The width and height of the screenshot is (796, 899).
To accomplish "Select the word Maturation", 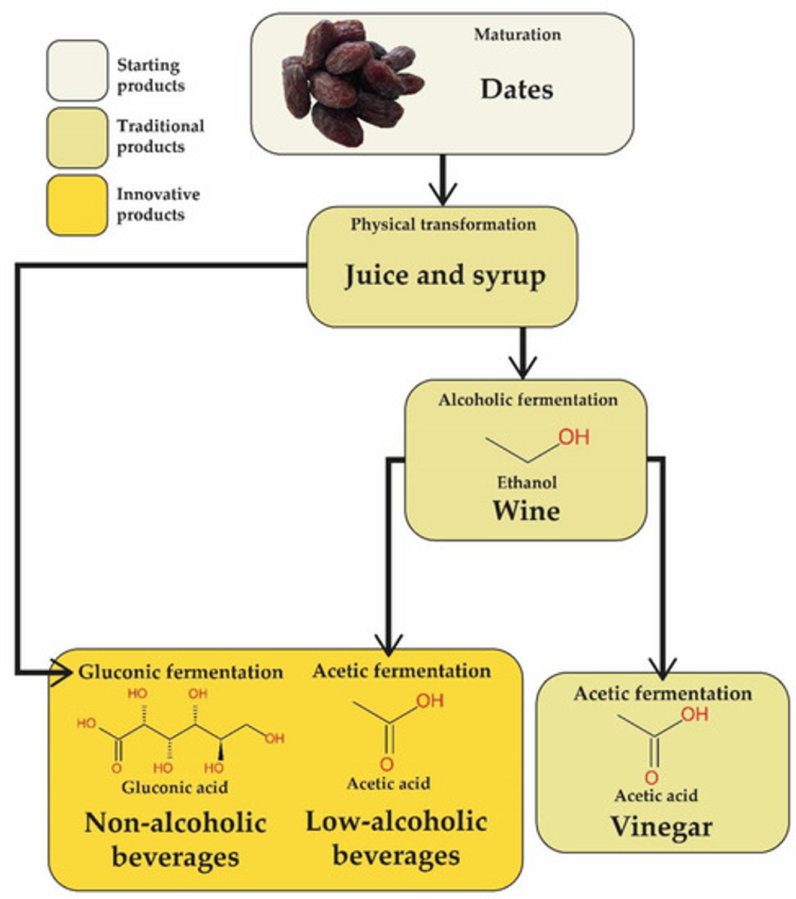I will coord(517,35).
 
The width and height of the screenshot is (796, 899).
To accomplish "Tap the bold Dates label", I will coord(517,89).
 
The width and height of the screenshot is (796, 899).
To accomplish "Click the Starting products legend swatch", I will coord(77,71).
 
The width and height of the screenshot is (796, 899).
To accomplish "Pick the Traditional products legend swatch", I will coord(77,138).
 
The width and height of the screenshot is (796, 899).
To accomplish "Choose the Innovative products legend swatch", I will coord(77,205).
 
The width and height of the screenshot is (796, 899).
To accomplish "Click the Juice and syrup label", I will coord(445,276).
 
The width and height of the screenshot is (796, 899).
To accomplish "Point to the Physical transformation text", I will coord(443,225).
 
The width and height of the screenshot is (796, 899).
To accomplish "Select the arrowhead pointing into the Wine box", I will coord(523,367).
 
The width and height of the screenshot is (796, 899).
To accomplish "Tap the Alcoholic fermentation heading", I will coord(527,400).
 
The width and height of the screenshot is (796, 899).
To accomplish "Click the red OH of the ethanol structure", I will coord(574,437).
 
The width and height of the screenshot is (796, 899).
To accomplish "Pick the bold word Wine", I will coord(526,511).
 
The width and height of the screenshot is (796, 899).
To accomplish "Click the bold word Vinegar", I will coord(662,827).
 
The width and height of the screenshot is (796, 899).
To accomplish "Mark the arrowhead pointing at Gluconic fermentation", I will coord(63,672).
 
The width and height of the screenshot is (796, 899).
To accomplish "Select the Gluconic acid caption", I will coord(174,787).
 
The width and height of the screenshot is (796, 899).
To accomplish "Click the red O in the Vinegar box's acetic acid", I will coord(652,778).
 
